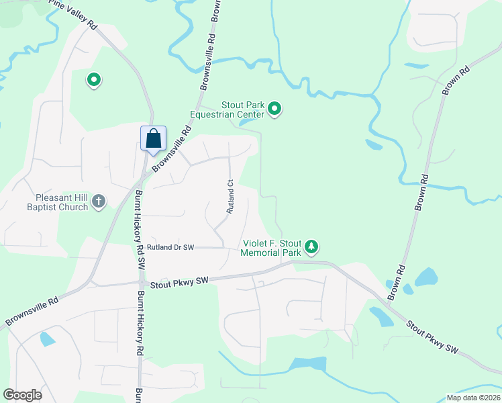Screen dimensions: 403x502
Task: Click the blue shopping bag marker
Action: pyautogui.click(x=154, y=139)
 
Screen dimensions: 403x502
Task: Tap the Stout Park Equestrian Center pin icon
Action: pyautogui.click(x=274, y=109)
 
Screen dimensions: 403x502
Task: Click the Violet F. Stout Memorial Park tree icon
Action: pyautogui.click(x=311, y=247)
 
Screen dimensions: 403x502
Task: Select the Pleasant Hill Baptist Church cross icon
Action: pyautogui.click(x=99, y=200)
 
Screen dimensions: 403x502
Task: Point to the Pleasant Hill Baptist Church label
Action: pyautogui.click(x=62, y=202)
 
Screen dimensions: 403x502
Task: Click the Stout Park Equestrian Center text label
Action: pyautogui.click(x=227, y=109)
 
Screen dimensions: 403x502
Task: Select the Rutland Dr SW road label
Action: pyautogui.click(x=170, y=247)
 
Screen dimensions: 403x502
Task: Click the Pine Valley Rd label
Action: pyautogui.click(x=74, y=15)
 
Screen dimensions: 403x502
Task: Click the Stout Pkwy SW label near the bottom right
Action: pyautogui.click(x=433, y=337)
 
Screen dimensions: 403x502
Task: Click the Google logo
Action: pyautogui.click(x=22, y=395)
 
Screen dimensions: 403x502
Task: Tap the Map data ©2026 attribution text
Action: pyautogui.click(x=472, y=398)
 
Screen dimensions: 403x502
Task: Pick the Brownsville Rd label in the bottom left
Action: pyautogui.click(x=32, y=312)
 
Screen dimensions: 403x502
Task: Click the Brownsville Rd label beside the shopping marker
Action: pyautogui.click(x=169, y=151)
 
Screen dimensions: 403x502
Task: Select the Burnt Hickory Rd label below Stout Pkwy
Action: pyautogui.click(x=140, y=323)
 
